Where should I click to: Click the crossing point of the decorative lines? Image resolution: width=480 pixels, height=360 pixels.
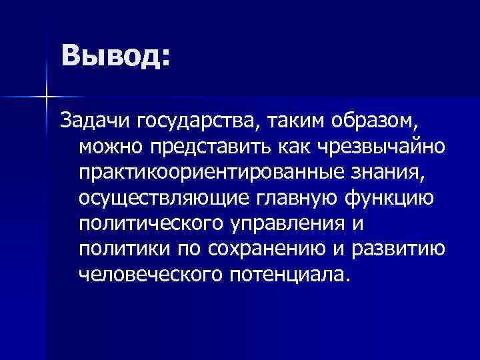(46, 98)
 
